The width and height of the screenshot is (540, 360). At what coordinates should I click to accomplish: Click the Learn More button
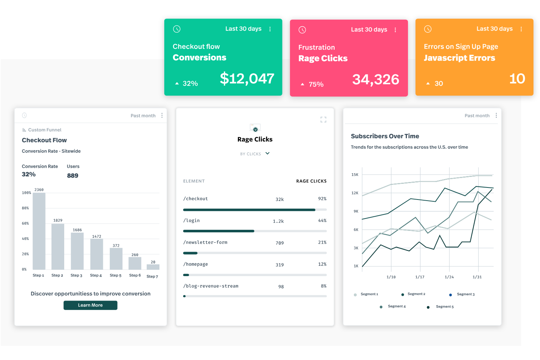click(90, 305)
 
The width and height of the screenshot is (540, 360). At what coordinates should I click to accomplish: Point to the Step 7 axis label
click(152, 276)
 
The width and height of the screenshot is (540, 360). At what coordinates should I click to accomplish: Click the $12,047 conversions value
click(247, 79)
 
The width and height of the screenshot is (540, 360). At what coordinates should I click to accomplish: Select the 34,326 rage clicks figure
click(375, 80)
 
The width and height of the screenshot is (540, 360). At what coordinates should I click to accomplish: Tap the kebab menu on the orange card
click(521, 29)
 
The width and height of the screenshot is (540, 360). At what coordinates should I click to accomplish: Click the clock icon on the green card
click(177, 29)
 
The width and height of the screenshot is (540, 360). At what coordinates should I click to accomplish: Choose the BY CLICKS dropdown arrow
click(267, 154)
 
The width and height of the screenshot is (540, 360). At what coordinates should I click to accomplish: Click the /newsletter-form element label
click(205, 243)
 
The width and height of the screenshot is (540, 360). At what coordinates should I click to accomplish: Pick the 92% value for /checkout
click(322, 199)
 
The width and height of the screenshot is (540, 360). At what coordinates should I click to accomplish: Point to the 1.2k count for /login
click(278, 221)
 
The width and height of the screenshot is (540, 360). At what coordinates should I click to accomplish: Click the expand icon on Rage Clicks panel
click(323, 120)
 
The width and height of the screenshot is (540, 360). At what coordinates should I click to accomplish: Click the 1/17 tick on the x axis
click(420, 277)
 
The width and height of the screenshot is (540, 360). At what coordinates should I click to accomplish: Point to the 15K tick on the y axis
click(355, 175)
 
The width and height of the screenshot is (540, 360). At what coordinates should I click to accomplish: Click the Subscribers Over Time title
click(385, 136)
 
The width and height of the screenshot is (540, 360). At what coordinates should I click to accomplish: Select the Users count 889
click(73, 176)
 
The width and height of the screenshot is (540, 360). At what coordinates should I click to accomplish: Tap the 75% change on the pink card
click(316, 85)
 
